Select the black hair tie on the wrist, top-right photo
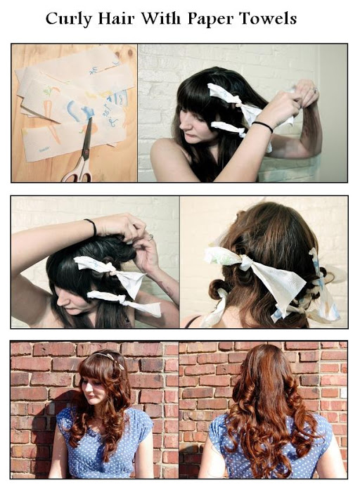click(262, 127)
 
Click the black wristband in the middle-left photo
click(92, 227)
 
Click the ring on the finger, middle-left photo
click(150, 238)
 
